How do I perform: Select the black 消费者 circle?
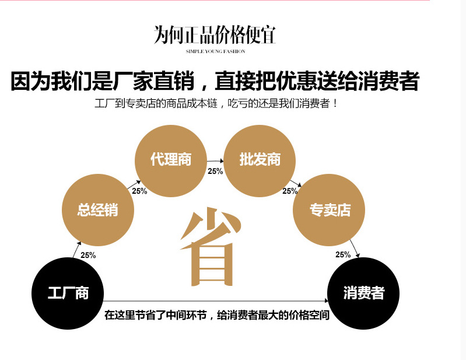coord(363,293)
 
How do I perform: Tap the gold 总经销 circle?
coord(98,209)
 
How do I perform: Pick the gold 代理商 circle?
coord(171,159)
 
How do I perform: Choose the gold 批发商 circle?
coord(260,159)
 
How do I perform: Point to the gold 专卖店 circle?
coord(330,209)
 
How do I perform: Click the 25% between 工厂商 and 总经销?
coord(88,255)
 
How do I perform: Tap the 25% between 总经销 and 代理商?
coord(139,191)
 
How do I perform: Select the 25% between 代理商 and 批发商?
coord(215,171)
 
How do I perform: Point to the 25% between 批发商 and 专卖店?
coord(290,191)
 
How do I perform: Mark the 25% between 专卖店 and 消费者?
coord(343,254)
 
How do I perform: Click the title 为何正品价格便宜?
coord(215,36)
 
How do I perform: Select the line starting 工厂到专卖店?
coord(216,104)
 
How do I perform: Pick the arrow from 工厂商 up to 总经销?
coord(76,250)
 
